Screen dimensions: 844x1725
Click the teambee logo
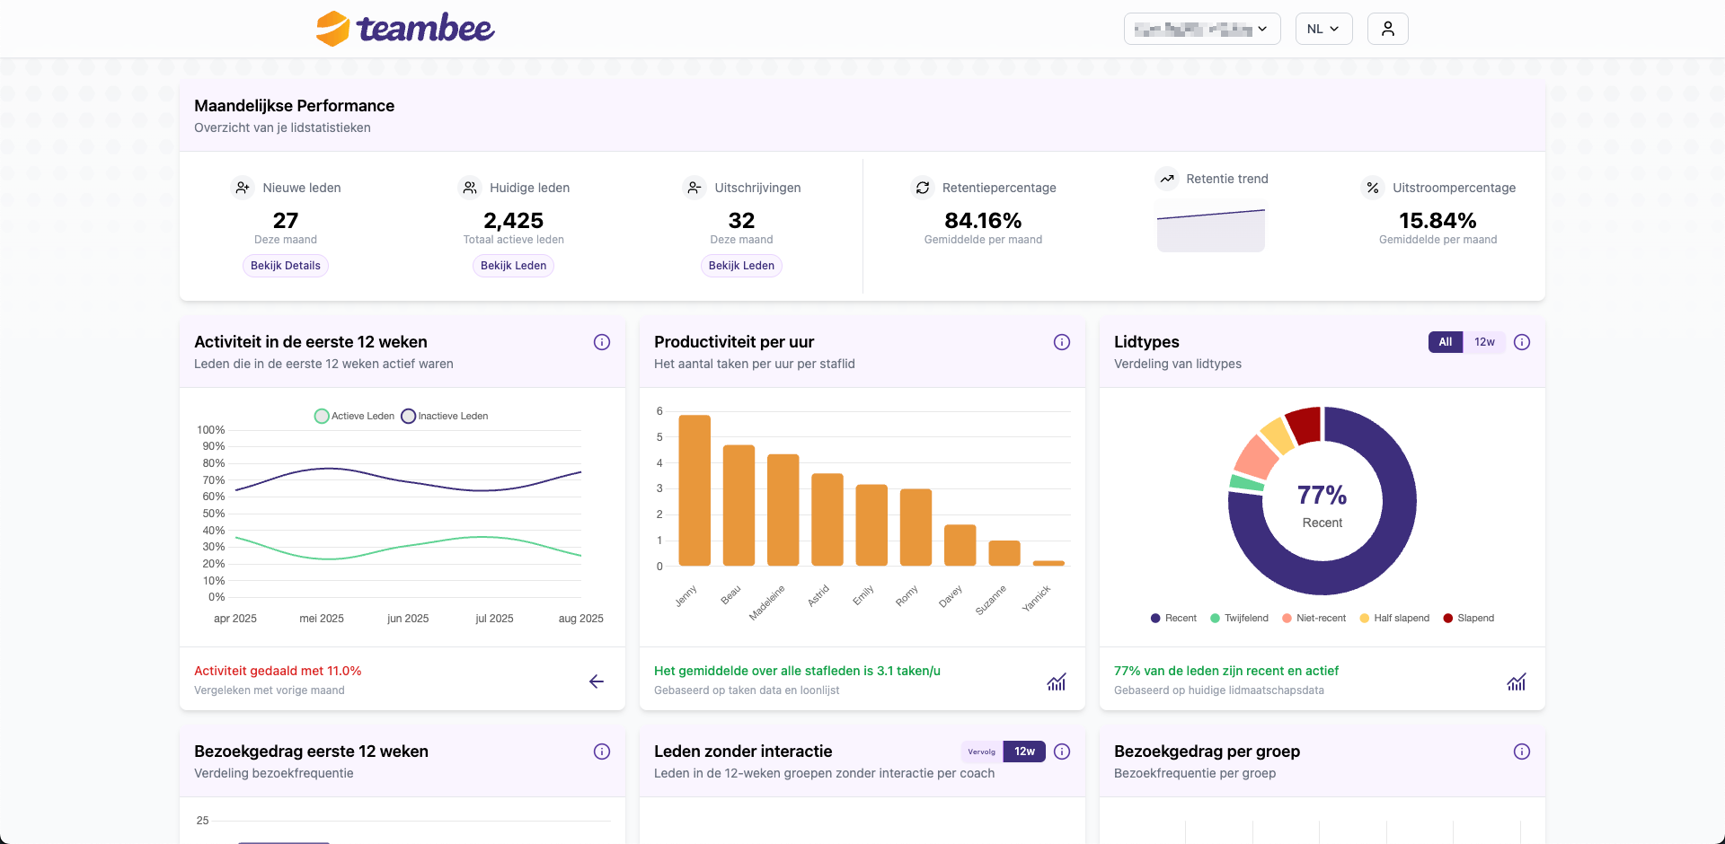405,29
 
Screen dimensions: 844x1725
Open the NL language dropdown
1323,29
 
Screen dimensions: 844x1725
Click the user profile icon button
1387,29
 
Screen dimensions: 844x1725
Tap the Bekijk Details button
285,266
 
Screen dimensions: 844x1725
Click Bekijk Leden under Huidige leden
513,266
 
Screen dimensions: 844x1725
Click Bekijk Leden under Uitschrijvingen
741,266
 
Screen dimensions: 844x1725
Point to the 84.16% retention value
983,221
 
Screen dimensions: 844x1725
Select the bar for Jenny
694,490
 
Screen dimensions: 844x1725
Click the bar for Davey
960,545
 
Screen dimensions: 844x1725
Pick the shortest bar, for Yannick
1048,563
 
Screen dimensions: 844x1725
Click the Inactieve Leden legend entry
446,417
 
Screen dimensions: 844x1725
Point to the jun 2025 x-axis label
408,619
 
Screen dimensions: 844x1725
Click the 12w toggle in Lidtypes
1484,342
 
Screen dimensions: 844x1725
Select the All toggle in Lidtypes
1446,342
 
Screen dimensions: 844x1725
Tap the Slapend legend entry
1469,619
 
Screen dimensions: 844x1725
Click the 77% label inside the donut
1322,495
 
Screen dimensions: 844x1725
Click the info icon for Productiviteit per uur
1062,342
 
